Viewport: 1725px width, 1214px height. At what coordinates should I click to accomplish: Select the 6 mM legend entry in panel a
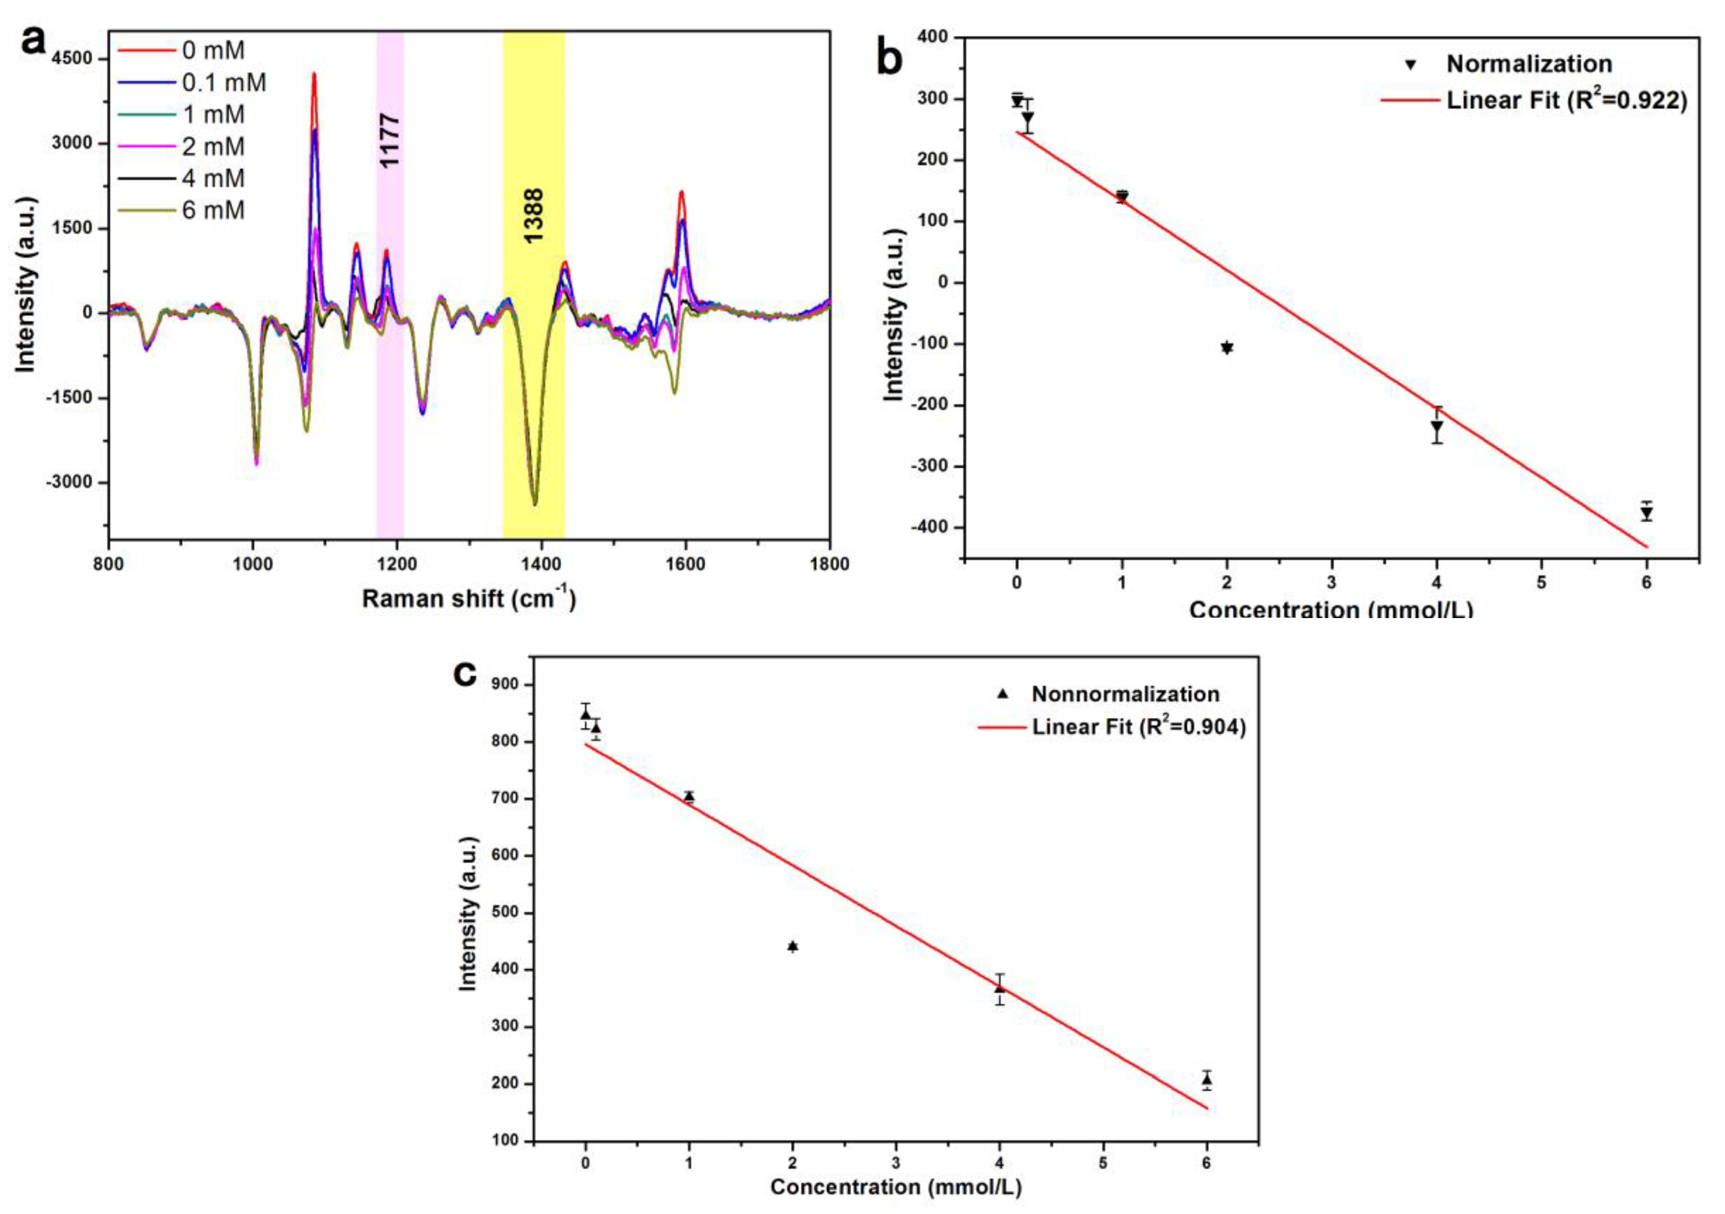click(x=213, y=210)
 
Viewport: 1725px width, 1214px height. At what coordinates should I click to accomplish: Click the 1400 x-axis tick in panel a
click(x=540, y=564)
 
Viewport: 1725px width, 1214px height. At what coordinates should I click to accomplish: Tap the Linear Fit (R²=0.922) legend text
click(x=1566, y=100)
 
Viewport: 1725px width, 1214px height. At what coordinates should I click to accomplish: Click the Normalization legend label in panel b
click(x=1528, y=64)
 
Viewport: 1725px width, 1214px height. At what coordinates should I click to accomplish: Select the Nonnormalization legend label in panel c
click(x=1125, y=694)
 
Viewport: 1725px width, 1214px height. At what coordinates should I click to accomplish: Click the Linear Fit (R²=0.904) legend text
click(x=1138, y=727)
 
